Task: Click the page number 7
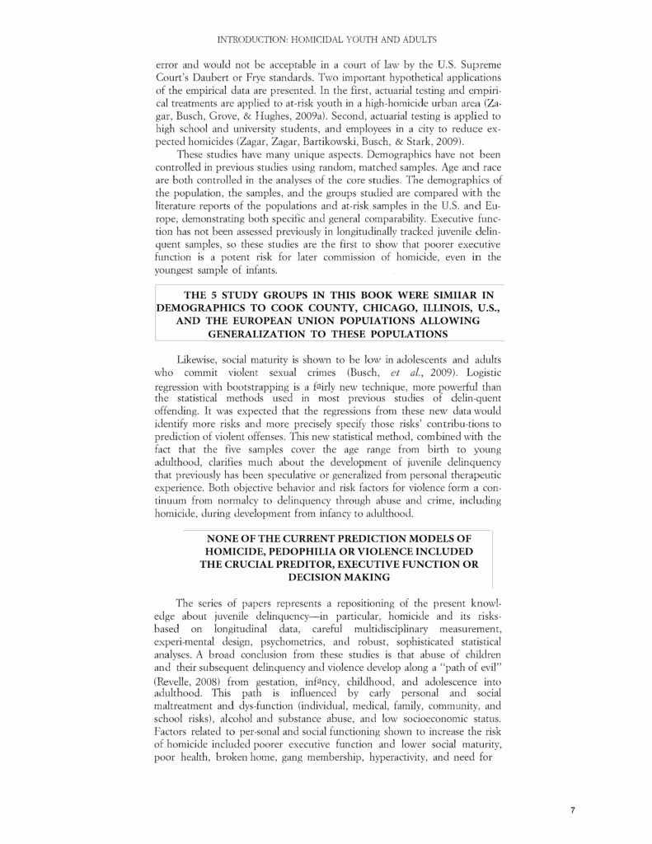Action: pyautogui.click(x=573, y=811)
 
